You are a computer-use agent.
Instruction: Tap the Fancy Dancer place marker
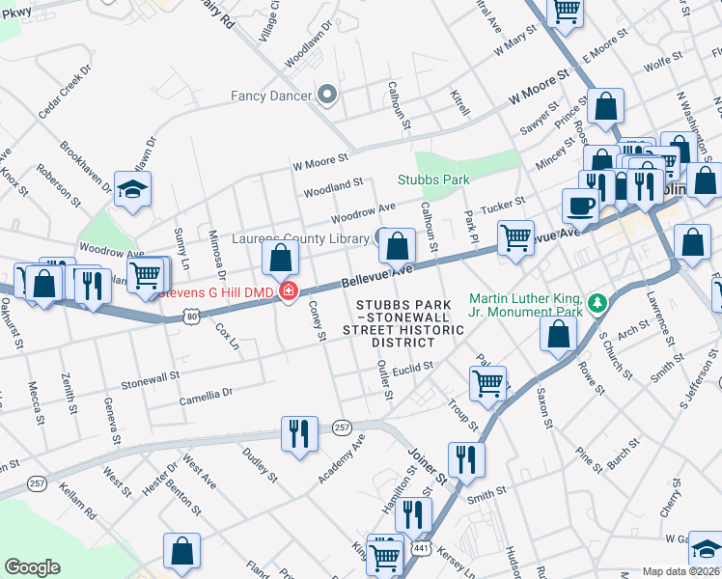pos(326,95)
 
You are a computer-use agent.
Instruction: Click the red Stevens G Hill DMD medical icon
pos(288,290)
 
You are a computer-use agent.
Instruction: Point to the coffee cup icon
pos(581,205)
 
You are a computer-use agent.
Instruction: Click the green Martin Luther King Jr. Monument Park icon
pos(598,305)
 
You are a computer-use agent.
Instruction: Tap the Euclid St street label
pos(412,367)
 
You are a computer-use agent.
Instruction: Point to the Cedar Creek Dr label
pos(64,94)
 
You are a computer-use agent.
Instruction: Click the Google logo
pos(32,567)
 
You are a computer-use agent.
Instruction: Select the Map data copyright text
pos(680,571)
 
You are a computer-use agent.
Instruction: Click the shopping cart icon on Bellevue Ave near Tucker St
pos(515,236)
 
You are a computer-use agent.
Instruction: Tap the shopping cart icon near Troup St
pos(487,382)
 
